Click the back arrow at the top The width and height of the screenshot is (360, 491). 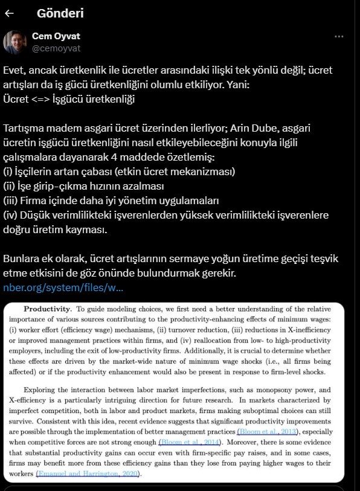coord(10,13)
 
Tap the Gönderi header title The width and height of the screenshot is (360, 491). coord(60,13)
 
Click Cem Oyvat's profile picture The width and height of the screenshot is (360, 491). coord(14,42)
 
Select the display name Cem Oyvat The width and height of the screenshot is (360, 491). coord(56,36)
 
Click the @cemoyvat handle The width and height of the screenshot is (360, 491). coord(56,48)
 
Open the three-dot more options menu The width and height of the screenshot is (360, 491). coord(339,36)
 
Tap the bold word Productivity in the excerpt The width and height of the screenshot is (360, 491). coord(50,310)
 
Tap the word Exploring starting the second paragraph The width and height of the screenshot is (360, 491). coord(45,390)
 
